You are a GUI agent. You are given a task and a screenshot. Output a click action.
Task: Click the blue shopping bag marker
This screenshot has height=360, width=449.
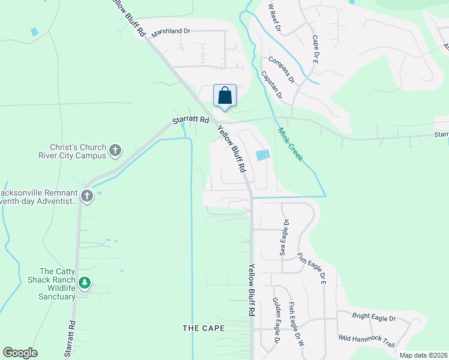[x=225, y=96]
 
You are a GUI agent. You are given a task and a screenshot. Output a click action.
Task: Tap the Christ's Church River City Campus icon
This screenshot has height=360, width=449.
[x=115, y=149]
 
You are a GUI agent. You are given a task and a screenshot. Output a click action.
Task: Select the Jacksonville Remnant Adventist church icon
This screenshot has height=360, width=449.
[x=87, y=196]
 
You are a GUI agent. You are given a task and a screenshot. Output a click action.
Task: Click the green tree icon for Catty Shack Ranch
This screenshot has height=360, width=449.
[x=85, y=282]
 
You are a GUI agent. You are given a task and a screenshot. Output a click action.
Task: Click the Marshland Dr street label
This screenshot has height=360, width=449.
[x=170, y=32]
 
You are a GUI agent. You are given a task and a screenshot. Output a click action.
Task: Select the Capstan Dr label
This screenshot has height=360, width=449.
[x=271, y=85]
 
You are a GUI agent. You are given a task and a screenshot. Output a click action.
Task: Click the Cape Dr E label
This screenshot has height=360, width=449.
[x=315, y=49]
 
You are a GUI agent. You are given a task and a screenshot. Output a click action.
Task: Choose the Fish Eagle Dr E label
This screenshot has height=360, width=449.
[x=315, y=268]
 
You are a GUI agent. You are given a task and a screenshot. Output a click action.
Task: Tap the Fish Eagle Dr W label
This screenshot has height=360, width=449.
[x=293, y=323]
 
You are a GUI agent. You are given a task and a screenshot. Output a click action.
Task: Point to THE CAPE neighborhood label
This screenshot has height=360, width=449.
[x=203, y=328]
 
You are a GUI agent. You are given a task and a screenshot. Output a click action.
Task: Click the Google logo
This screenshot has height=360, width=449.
[x=20, y=353]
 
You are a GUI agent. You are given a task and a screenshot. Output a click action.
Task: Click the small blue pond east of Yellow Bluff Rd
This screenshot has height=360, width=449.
[x=263, y=155]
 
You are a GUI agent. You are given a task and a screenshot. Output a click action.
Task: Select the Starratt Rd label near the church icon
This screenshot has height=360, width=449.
[x=190, y=121]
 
